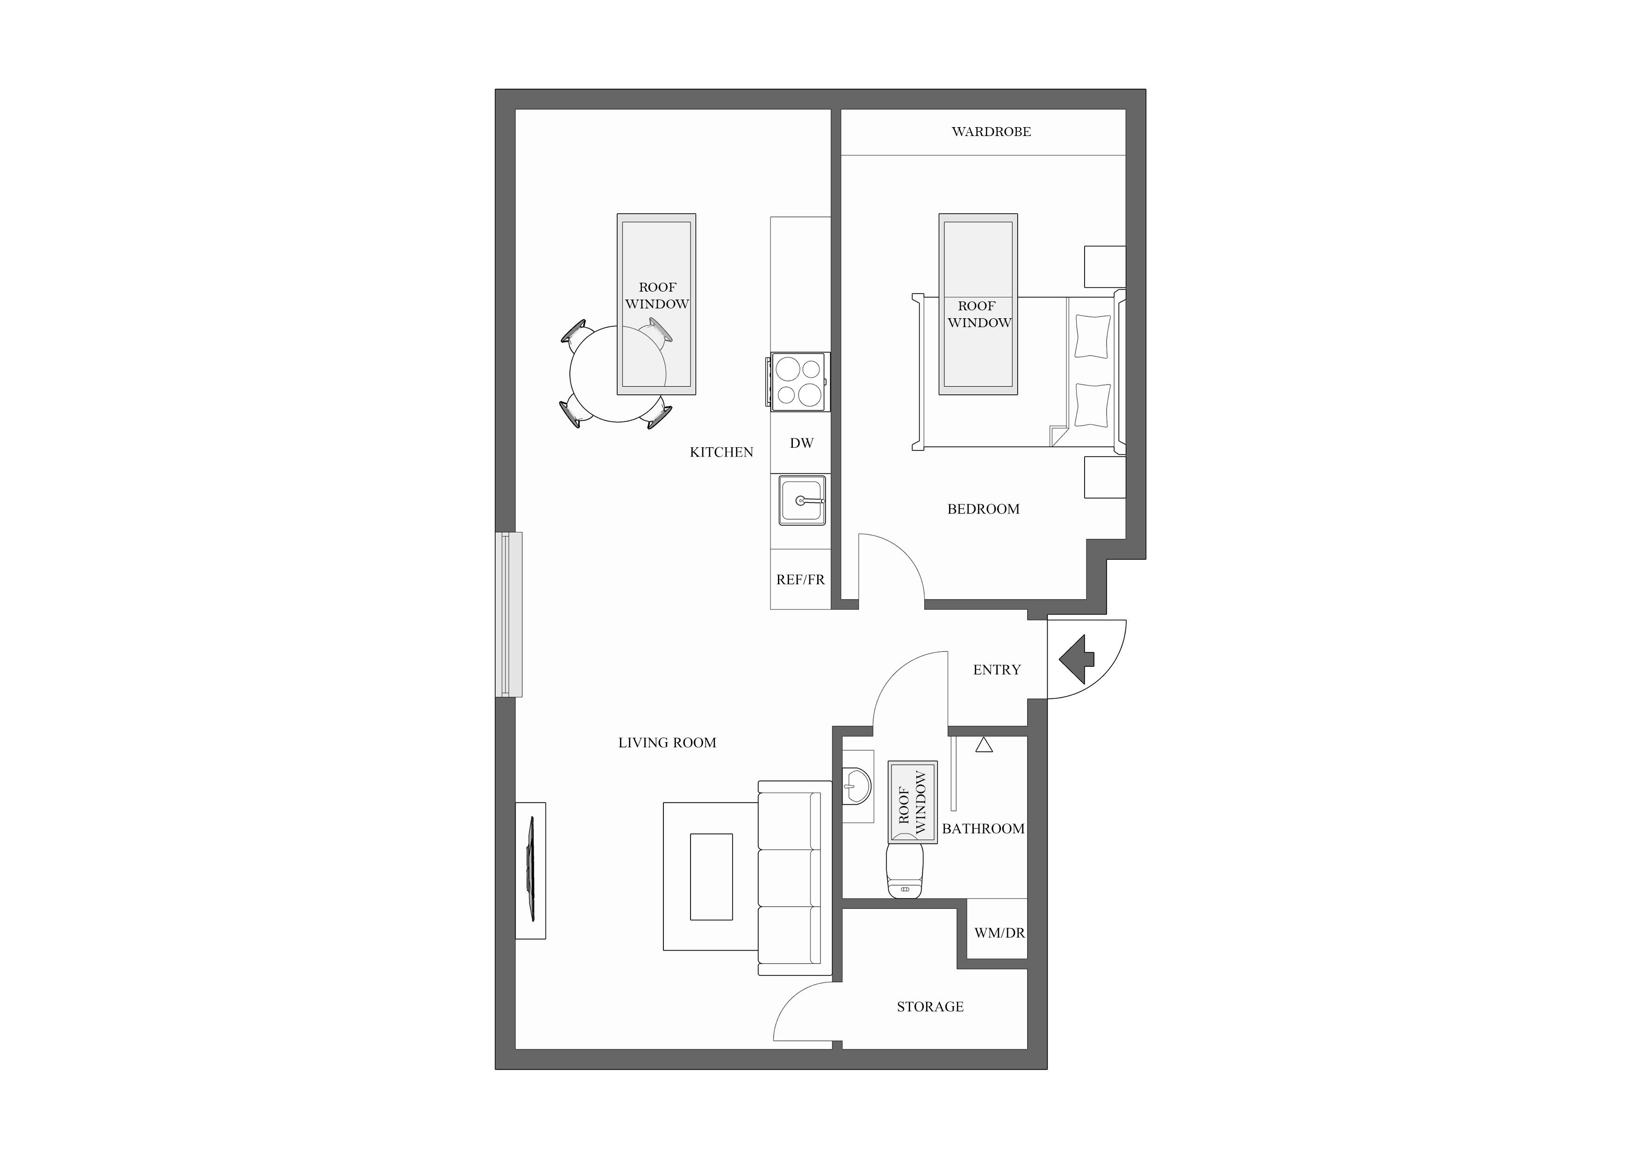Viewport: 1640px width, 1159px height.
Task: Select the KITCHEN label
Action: coord(721,452)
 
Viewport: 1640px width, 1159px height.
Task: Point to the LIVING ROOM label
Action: coord(667,743)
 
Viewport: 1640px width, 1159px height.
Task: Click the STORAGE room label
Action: coord(930,1007)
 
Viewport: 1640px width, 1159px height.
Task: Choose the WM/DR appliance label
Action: coord(999,933)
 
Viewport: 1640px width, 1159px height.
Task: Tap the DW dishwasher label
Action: coord(801,444)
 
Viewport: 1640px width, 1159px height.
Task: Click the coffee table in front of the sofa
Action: coord(711,876)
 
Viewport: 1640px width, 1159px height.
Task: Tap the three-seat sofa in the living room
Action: coord(794,878)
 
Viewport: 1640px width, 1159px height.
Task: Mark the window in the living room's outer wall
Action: coord(509,614)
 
